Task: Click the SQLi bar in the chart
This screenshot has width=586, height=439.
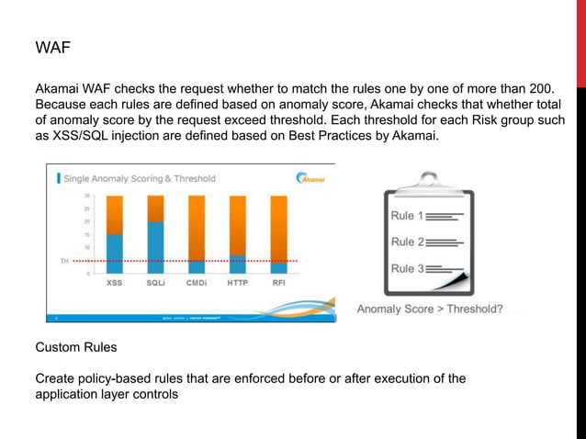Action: pos(155,234)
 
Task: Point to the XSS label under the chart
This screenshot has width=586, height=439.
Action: pos(115,284)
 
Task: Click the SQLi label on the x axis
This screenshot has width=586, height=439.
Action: pos(155,284)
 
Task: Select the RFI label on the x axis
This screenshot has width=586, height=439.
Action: pos(278,284)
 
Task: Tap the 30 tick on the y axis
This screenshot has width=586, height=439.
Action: pos(86,196)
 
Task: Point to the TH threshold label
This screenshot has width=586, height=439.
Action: pos(63,262)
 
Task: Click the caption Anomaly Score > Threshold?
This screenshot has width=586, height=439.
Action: pos(429,310)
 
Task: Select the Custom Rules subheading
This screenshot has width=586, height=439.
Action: pos(77,349)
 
